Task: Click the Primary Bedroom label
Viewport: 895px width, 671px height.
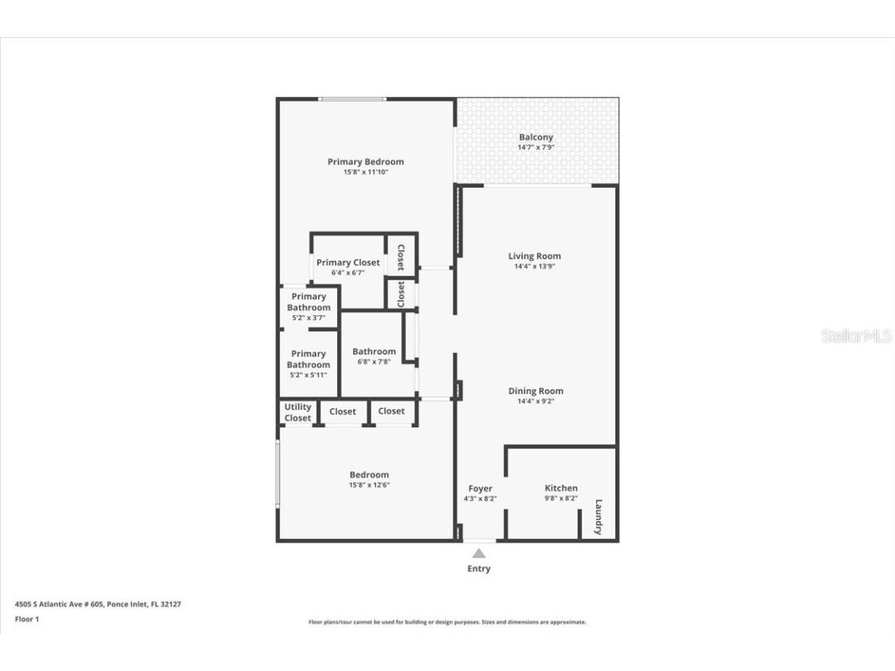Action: pyautogui.click(x=365, y=162)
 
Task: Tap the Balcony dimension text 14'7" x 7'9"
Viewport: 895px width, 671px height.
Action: pyautogui.click(x=536, y=148)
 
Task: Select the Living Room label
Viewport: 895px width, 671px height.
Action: pyautogui.click(x=535, y=256)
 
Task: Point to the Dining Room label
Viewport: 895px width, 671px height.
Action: pyautogui.click(x=535, y=391)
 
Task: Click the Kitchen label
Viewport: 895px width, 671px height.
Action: pyautogui.click(x=561, y=488)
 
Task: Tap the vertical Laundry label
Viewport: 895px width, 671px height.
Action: pyautogui.click(x=598, y=516)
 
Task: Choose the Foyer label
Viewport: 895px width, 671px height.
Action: pyautogui.click(x=480, y=488)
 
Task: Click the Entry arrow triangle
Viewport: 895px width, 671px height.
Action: pyautogui.click(x=479, y=553)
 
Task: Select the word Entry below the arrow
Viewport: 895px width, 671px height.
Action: pyautogui.click(x=479, y=568)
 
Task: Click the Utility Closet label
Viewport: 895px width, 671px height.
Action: pyautogui.click(x=298, y=412)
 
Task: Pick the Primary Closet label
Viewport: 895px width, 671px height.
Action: pyautogui.click(x=348, y=262)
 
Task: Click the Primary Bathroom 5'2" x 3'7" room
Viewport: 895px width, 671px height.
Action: pyautogui.click(x=308, y=307)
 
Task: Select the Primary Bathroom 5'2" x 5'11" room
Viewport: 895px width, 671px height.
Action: pyautogui.click(x=308, y=363)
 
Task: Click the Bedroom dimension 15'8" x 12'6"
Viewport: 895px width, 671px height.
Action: pyautogui.click(x=369, y=485)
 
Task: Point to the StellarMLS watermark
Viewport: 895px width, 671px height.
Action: pyautogui.click(x=856, y=336)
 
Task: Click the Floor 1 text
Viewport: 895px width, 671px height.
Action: pyautogui.click(x=27, y=619)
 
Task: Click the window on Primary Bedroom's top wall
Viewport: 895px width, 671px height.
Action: pyautogui.click(x=352, y=99)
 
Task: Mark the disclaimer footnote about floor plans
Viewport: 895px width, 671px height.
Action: pyautogui.click(x=447, y=622)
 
